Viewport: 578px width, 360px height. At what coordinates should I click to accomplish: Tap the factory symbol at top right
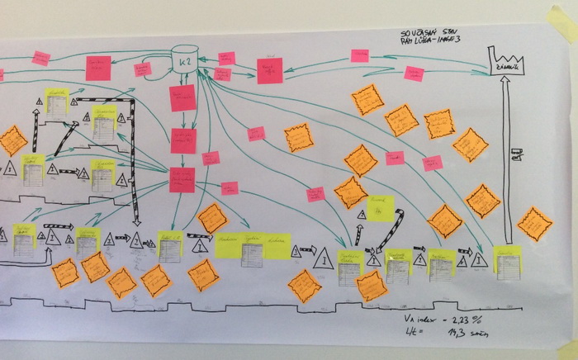pyautogui.click(x=508, y=62)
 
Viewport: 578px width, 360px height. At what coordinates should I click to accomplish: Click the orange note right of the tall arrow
pyautogui.click(x=534, y=223)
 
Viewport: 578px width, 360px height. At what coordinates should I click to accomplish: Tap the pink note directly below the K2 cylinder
pyautogui.click(x=182, y=97)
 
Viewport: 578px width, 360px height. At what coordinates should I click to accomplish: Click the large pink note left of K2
pyautogui.click(x=98, y=68)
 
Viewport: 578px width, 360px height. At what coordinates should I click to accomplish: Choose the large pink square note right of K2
pyautogui.click(x=269, y=70)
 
